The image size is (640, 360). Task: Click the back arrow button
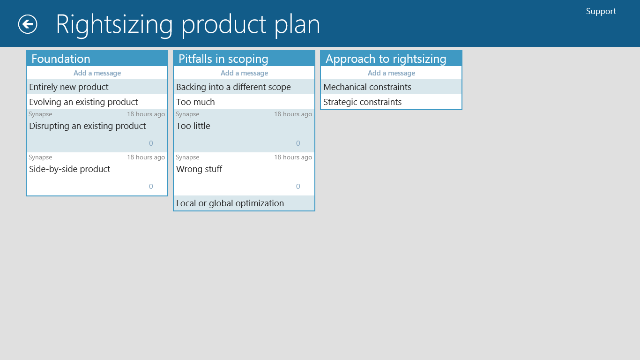click(28, 24)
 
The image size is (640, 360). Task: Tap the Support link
click(601, 11)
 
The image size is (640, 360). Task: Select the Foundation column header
click(61, 59)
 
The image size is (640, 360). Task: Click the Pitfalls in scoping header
click(223, 59)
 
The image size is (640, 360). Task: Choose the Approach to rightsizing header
click(386, 59)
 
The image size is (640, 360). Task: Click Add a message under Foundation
click(97, 73)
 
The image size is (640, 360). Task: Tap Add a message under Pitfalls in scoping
click(244, 73)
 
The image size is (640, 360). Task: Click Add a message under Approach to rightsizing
click(391, 73)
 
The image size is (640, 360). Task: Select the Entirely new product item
click(68, 87)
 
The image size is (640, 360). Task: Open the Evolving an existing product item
click(83, 102)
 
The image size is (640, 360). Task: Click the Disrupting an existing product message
click(88, 126)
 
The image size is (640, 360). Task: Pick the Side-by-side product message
click(69, 169)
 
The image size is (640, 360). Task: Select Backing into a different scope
click(233, 87)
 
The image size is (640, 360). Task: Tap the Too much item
click(195, 102)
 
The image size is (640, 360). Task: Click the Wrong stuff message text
click(199, 169)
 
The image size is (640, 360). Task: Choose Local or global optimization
click(230, 203)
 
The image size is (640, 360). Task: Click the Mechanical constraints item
click(367, 87)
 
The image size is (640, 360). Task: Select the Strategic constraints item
click(362, 102)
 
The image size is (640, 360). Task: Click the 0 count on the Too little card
click(298, 143)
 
